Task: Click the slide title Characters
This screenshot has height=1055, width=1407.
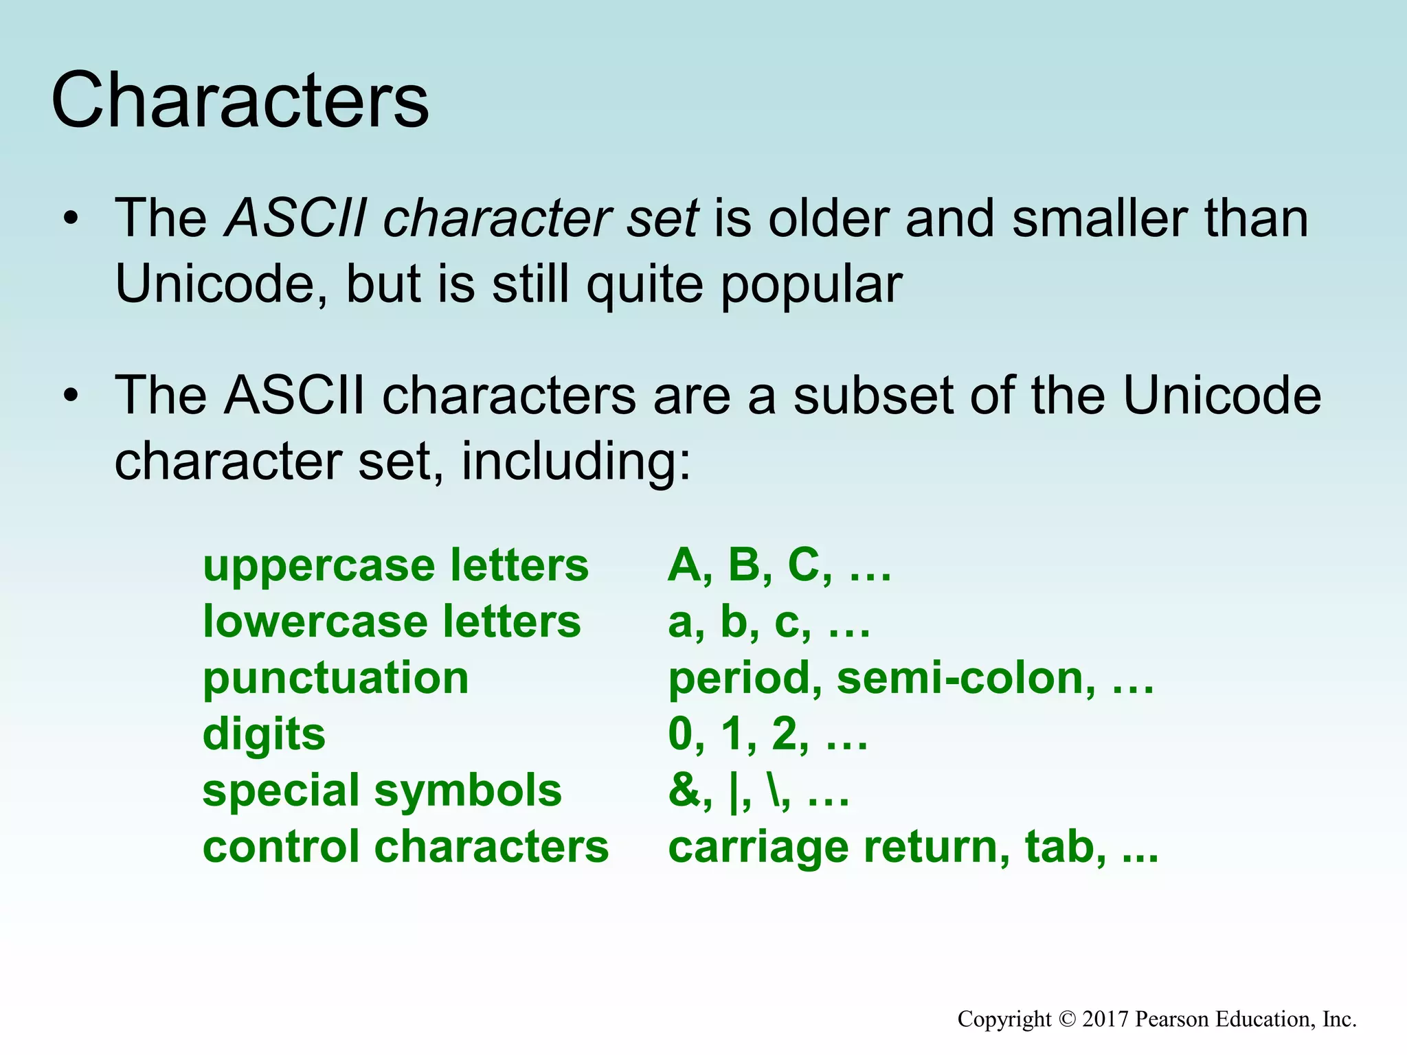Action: click(x=240, y=101)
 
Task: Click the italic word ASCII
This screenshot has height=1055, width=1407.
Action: click(x=296, y=218)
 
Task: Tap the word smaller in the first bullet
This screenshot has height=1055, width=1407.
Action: click(x=1099, y=218)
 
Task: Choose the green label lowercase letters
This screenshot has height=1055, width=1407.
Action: click(x=392, y=622)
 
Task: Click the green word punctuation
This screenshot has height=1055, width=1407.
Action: click(x=335, y=679)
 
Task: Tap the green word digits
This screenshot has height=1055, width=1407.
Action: click(x=264, y=734)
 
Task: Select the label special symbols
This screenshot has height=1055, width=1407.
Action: click(x=382, y=790)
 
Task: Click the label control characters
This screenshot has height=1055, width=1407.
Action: click(x=405, y=846)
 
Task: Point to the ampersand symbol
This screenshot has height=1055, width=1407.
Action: click(x=683, y=790)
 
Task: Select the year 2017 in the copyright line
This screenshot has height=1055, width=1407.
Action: click(x=1105, y=1019)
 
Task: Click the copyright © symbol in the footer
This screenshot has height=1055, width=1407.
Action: click(x=1066, y=1019)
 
